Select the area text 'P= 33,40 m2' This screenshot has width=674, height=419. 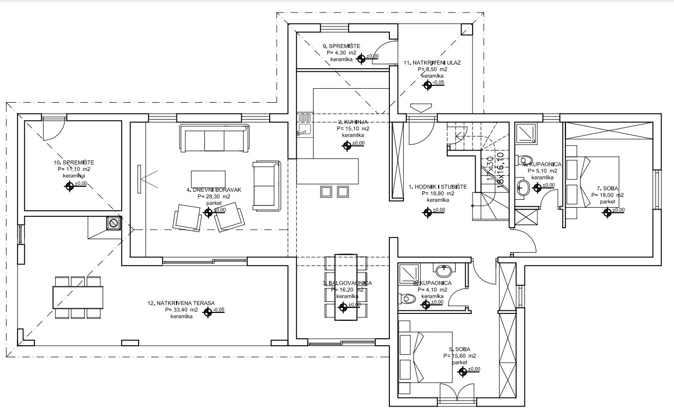181,309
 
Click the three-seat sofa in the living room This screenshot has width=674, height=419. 214,139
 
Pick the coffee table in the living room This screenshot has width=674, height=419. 208,178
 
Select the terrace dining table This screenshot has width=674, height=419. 78,297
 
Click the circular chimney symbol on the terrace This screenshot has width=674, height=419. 114,223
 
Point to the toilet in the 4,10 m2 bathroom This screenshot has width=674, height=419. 407,299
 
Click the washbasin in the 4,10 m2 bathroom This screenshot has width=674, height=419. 443,271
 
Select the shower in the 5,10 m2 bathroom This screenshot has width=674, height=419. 525,133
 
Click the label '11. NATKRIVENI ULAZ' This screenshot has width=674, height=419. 432,63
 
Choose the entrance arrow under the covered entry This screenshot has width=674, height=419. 420,107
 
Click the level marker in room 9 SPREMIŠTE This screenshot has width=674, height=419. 361,58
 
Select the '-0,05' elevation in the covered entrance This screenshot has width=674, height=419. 439,83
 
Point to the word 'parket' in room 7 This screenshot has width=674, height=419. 607,202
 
